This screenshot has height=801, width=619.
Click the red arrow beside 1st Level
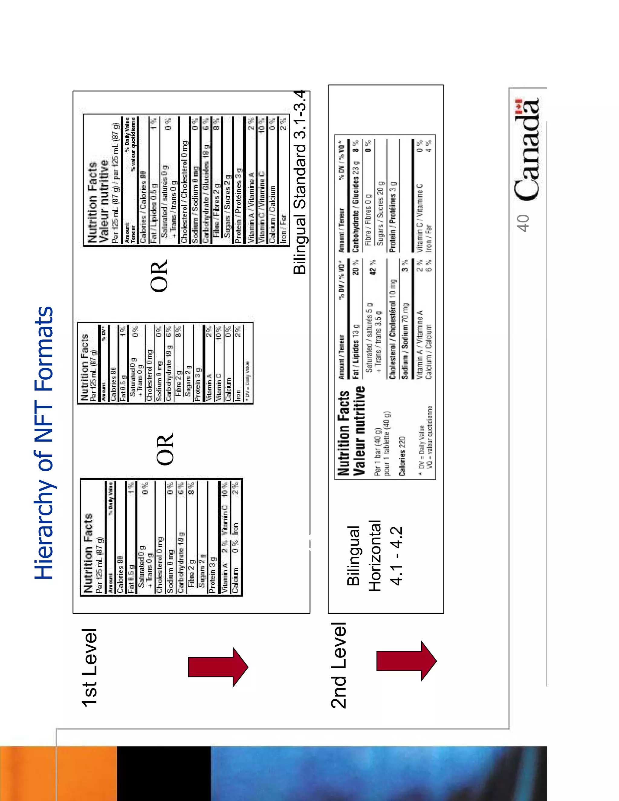tap(218, 667)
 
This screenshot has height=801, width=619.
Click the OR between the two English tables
tap(165, 449)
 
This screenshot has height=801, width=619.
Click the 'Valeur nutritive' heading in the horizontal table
tap(360, 431)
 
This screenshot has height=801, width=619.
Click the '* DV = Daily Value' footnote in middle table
tap(247, 381)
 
